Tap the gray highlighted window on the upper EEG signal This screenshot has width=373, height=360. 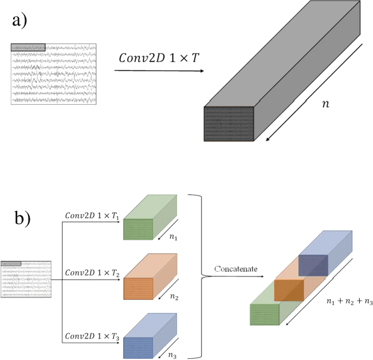pyautogui.click(x=28, y=47)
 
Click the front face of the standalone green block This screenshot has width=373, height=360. pyautogui.click(x=138, y=230)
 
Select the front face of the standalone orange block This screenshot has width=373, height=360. pyautogui.click(x=138, y=288)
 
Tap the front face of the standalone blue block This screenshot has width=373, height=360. pyautogui.click(x=138, y=347)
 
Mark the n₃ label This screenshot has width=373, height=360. pyautogui.click(x=173, y=356)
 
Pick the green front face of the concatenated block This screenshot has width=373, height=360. pyautogui.click(x=265, y=315)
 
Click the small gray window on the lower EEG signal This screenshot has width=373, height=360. pyautogui.click(x=11, y=263)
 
